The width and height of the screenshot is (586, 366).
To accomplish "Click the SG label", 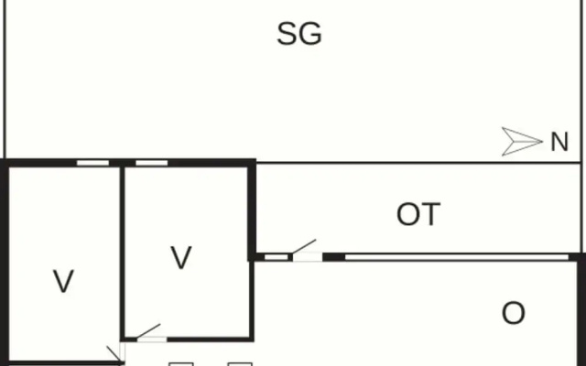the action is (299, 34).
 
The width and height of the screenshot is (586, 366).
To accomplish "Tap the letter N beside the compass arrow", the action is (559, 142).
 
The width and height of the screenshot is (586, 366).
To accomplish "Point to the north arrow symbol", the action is (522, 142).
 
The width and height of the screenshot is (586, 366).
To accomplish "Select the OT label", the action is (418, 214).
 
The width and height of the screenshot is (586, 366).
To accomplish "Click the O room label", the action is (513, 313).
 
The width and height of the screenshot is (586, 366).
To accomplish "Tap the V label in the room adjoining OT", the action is (181, 257).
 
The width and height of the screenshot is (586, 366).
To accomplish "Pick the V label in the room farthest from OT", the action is (63, 281).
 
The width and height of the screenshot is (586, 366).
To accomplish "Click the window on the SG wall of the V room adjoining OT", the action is (152, 163).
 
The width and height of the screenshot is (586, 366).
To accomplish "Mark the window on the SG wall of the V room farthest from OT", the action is (92, 163).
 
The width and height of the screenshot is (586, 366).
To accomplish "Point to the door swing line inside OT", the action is (304, 246).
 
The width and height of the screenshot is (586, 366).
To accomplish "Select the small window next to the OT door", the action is (277, 257).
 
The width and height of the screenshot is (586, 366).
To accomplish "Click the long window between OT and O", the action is (456, 257).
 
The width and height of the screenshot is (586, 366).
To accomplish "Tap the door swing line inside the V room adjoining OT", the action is (148, 331).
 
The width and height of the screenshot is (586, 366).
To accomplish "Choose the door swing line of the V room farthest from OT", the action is (114, 354).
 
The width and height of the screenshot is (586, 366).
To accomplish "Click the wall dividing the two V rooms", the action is (122, 253).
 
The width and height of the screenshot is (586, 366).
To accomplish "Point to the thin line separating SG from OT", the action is (418, 163).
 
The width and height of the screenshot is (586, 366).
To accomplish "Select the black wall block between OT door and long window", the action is (333, 257).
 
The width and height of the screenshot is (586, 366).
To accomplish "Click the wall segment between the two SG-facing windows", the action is (122, 163).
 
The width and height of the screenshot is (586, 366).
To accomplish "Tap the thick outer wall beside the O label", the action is (582, 310).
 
